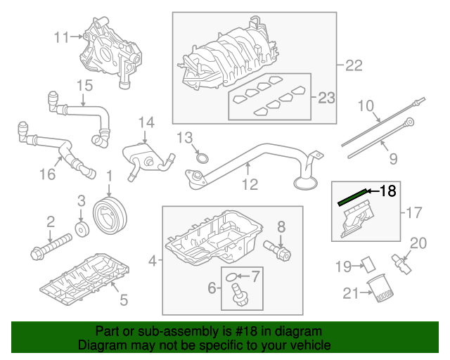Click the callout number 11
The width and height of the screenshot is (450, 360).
click(x=61, y=37)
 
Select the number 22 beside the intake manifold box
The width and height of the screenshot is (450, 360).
click(x=353, y=66)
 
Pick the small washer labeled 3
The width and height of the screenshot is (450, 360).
click(x=82, y=231)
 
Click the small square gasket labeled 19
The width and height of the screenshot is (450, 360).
click(x=364, y=264)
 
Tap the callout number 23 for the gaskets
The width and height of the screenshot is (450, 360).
click(x=326, y=98)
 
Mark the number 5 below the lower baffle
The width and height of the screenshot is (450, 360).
click(x=124, y=301)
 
